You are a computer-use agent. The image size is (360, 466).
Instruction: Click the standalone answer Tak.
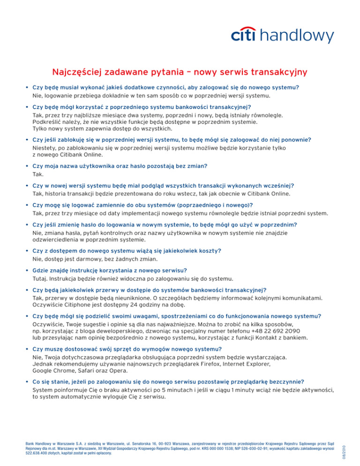tap(37, 173)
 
